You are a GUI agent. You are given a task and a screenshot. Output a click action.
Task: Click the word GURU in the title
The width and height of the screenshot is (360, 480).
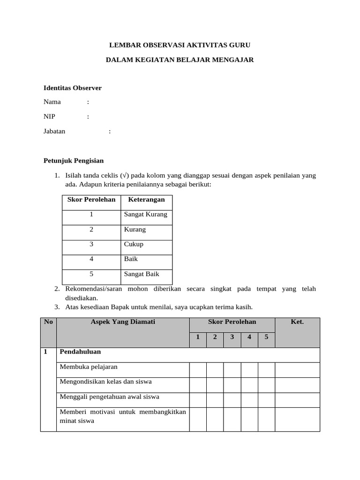click(240, 45)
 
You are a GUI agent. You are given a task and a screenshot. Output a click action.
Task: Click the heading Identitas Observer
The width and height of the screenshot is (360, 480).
click(72, 88)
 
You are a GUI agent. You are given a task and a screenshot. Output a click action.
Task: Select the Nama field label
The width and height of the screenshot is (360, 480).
click(52, 102)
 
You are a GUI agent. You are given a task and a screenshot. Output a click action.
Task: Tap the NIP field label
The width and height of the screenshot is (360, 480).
click(49, 117)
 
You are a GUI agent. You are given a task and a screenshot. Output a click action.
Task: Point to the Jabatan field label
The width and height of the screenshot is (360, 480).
click(54, 131)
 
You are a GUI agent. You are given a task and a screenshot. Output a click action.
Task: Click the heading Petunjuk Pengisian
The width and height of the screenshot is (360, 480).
click(74, 161)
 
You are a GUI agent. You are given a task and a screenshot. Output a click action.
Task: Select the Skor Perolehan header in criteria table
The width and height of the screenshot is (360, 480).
click(91, 200)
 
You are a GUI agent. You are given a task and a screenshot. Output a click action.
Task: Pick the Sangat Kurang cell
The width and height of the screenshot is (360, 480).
click(145, 215)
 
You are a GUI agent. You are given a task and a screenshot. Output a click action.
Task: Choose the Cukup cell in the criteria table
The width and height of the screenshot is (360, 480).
click(134, 244)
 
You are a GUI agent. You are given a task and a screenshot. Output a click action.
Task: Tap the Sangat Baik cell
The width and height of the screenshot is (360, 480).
click(142, 274)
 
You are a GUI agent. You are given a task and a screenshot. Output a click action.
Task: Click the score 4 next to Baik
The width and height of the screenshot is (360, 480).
click(91, 259)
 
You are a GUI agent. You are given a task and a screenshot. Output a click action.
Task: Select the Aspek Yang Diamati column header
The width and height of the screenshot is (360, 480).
click(123, 322)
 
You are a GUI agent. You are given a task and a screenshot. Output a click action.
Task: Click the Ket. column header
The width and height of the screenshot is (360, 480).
click(297, 322)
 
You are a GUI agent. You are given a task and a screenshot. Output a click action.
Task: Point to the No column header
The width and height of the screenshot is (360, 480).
click(48, 322)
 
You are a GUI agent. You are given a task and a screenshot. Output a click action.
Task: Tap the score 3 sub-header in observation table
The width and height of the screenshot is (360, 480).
click(232, 337)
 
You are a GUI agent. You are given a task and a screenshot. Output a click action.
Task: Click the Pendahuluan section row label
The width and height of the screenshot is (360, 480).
click(80, 352)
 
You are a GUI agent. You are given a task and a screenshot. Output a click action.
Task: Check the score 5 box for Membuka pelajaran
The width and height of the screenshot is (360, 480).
click(266, 369)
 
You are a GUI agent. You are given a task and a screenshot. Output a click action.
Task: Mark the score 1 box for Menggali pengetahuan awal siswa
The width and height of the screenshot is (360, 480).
click(198, 400)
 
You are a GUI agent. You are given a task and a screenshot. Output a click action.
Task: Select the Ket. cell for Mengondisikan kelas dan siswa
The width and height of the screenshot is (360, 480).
click(297, 385)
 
